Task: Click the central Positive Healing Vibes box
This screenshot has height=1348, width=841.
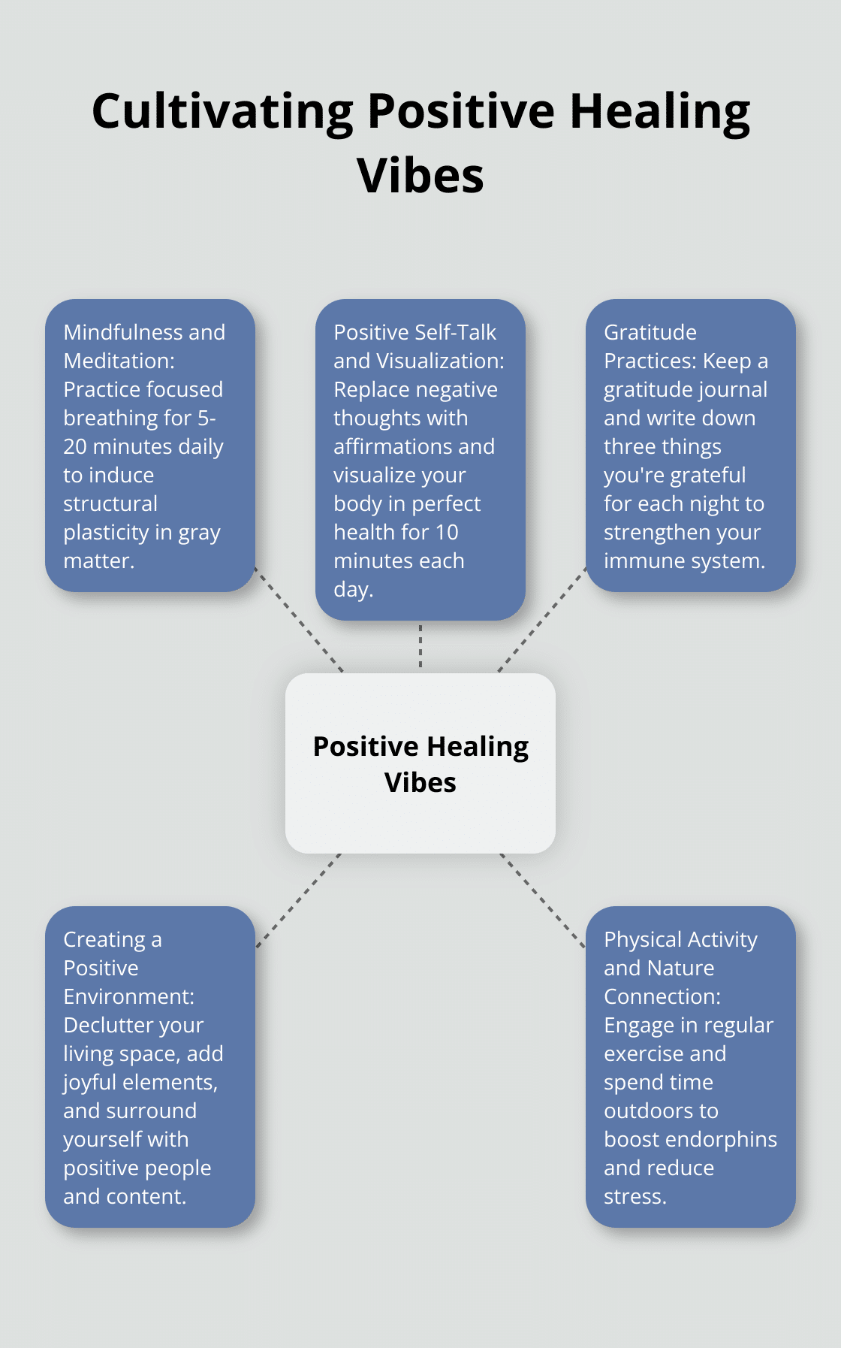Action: [420, 763]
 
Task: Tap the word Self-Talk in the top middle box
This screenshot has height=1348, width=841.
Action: [460, 332]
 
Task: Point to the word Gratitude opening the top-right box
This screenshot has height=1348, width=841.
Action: [650, 332]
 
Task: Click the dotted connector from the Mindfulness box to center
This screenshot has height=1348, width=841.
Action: [299, 619]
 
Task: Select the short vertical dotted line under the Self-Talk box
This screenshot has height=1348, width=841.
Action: [420, 646]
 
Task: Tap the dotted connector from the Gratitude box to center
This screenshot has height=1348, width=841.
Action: [542, 619]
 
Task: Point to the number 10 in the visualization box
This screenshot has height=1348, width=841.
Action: [446, 532]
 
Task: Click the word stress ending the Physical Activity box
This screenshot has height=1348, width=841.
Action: [634, 1196]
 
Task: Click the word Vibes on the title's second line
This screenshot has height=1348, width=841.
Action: [420, 177]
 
